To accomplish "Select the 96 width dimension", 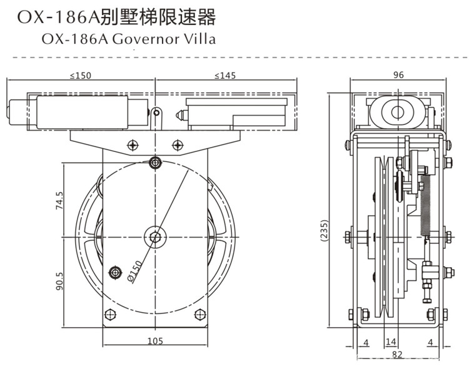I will coord(398,75).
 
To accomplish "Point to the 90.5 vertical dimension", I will coord(60,280).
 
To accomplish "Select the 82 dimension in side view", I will coord(398,355).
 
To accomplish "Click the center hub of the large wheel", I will coord(155,236).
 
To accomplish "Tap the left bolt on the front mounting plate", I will coord(132,145).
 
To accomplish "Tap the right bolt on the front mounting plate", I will coord(178,145).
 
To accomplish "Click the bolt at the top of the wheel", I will coord(155,164).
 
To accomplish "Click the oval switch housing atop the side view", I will coord(396,113).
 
